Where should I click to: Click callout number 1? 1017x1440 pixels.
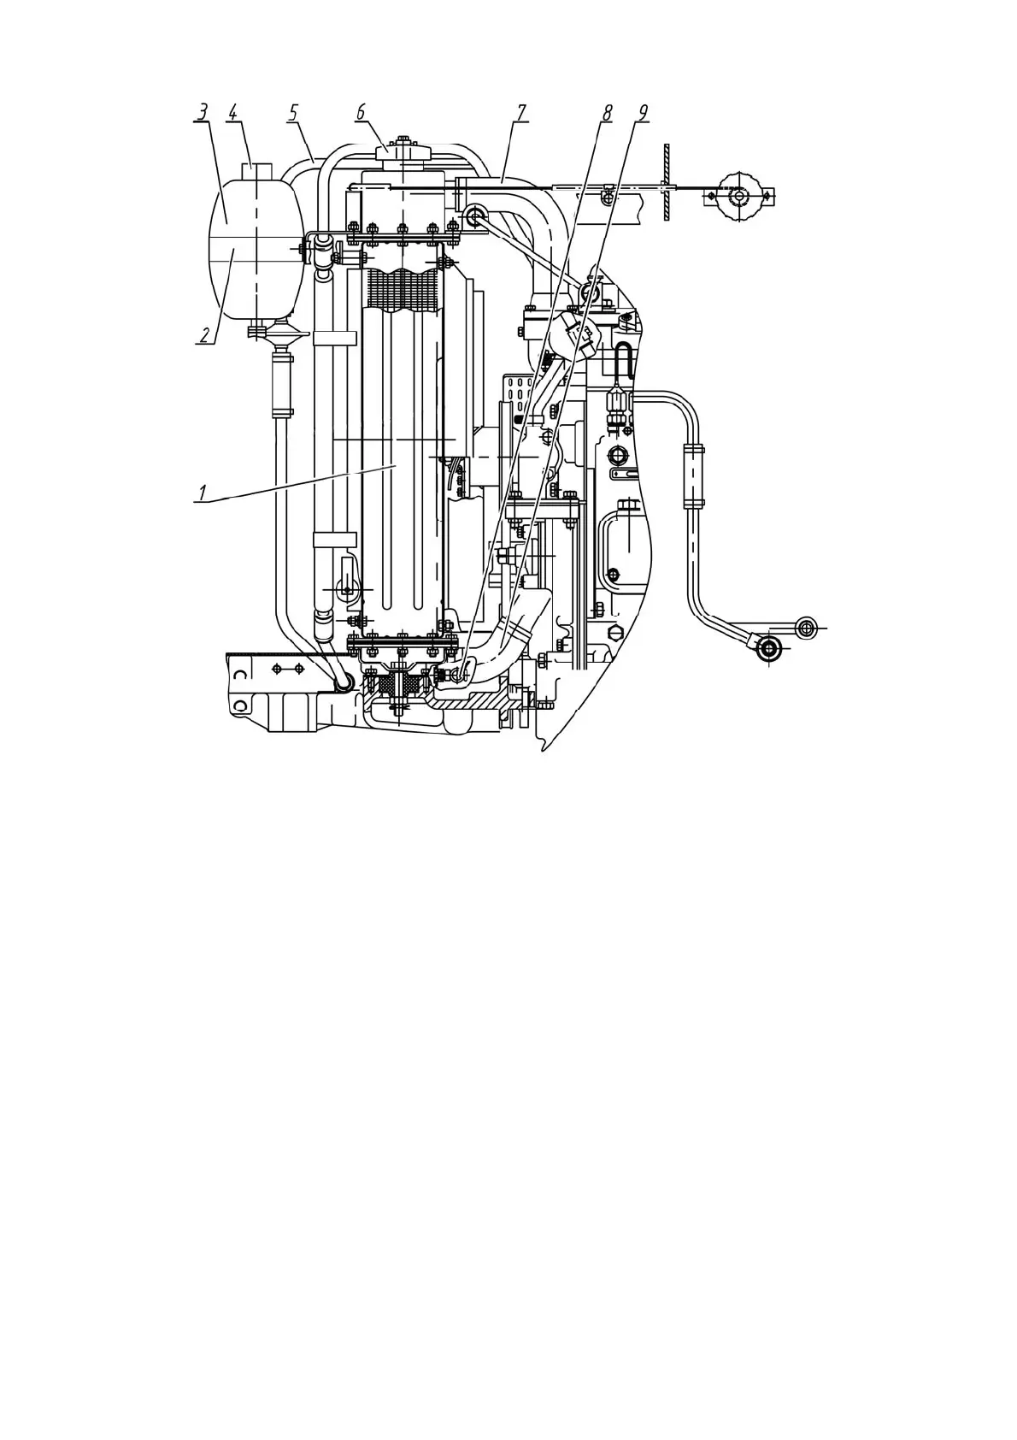coord(203,493)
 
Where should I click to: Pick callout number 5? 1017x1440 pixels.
coord(293,113)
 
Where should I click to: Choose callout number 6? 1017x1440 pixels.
coord(360,113)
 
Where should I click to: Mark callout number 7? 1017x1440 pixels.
coord(520,113)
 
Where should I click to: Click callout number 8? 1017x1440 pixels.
coord(607,113)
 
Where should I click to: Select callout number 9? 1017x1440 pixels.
coord(642,113)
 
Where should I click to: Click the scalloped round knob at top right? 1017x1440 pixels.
coord(736,196)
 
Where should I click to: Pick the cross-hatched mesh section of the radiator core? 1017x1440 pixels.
coord(402,287)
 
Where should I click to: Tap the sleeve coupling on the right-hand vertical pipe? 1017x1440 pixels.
coord(692,475)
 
